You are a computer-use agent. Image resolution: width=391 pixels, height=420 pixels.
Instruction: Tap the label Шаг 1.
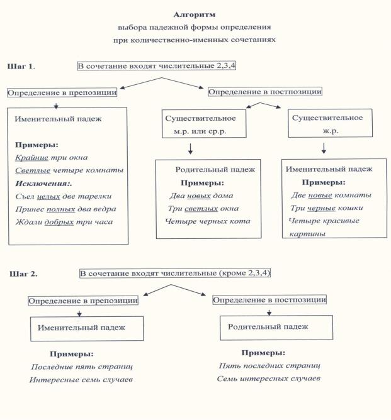[21, 66]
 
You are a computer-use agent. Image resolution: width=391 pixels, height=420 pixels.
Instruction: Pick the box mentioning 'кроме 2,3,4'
[175, 274]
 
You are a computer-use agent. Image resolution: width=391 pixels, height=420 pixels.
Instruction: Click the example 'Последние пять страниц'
[82, 367]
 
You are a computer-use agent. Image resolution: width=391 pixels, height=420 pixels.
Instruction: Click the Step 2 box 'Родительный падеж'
[267, 327]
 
